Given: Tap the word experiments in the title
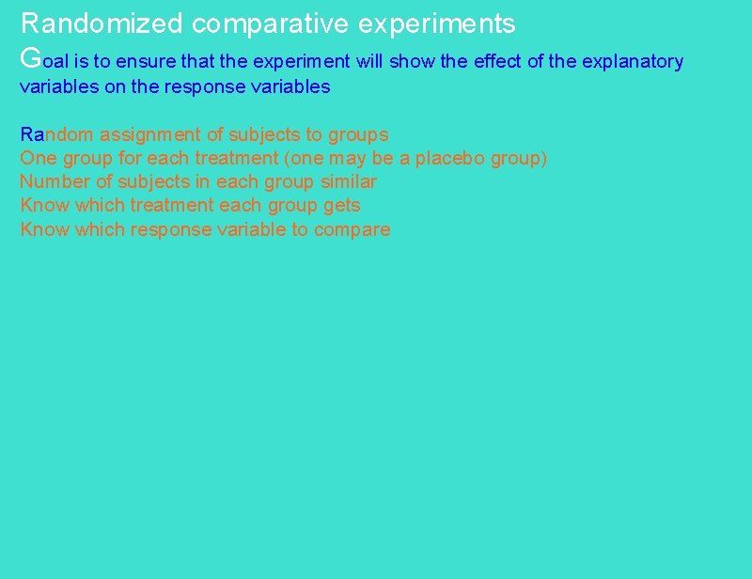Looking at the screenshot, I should (437, 23).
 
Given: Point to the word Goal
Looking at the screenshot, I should (42, 60).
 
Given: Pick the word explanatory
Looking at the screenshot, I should (633, 63).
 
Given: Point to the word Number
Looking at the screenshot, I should (53, 181).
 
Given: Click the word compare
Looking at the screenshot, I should (354, 230).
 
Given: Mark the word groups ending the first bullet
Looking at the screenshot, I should (357, 135).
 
